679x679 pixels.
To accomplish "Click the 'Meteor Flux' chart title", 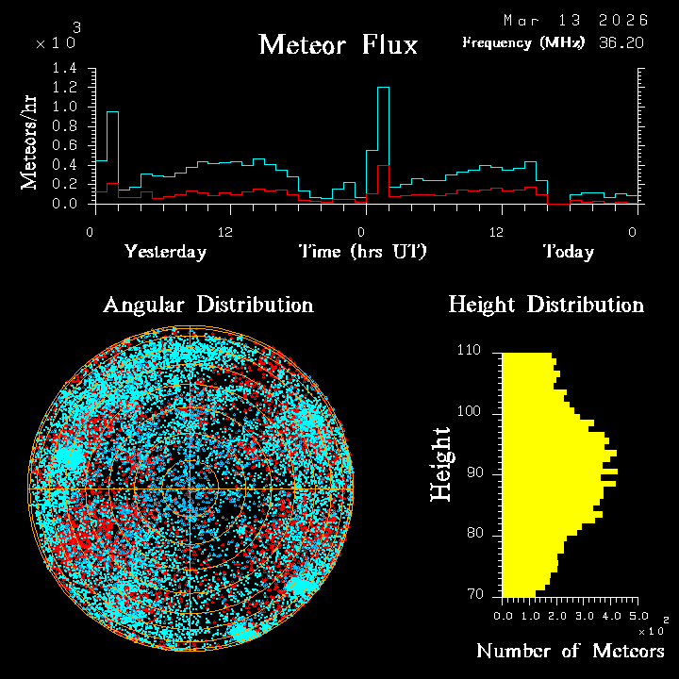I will [x=338, y=44].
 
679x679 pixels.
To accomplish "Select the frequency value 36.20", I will [x=621, y=42].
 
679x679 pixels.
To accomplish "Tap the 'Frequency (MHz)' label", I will [x=523, y=42].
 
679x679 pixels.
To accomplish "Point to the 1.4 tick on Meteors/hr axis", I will [x=64, y=69].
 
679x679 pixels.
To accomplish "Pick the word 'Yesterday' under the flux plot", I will [x=165, y=252].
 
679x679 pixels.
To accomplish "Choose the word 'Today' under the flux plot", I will [x=568, y=252].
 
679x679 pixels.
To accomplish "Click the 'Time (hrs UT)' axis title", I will [x=363, y=252].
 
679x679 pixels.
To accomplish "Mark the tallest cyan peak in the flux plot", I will [x=383, y=88].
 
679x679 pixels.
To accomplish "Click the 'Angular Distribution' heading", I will [x=207, y=305].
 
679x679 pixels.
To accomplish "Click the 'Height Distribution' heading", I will [x=546, y=305].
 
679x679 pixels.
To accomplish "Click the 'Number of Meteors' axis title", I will [x=570, y=652].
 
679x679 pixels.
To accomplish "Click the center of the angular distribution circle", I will [x=191, y=489].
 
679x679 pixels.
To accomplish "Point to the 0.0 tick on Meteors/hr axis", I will [x=64, y=204].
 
